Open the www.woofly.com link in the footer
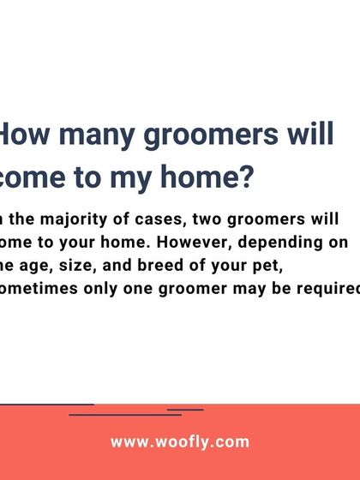pyautogui.click(x=180, y=442)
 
